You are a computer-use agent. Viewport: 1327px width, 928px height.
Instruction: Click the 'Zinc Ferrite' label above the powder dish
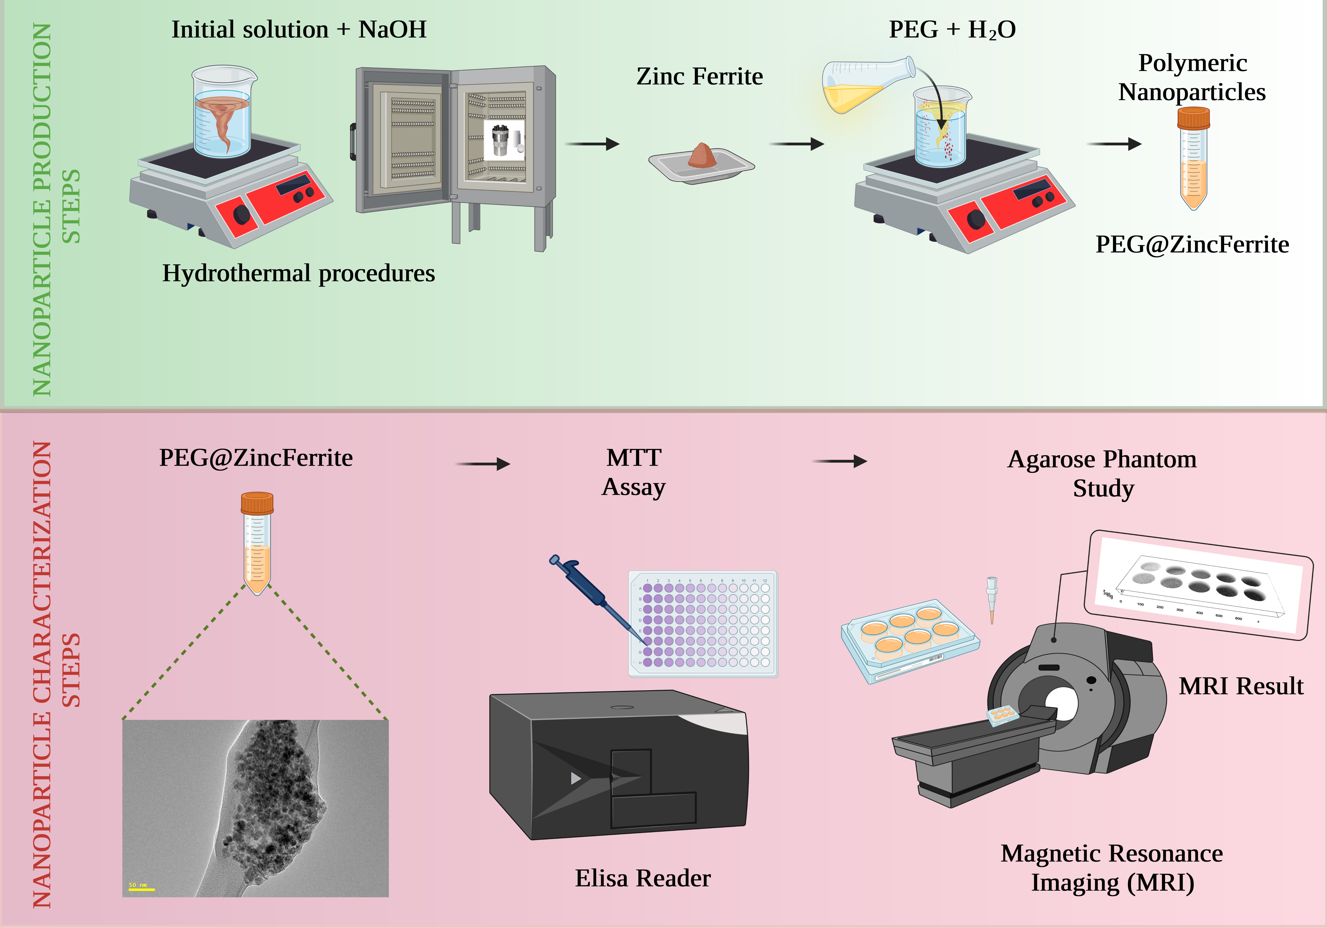pyautogui.click(x=699, y=76)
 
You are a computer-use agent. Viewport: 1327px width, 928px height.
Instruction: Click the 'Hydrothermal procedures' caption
pyautogui.click(x=298, y=273)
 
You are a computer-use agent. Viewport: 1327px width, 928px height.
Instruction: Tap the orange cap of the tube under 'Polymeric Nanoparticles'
pyautogui.click(x=1193, y=118)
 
